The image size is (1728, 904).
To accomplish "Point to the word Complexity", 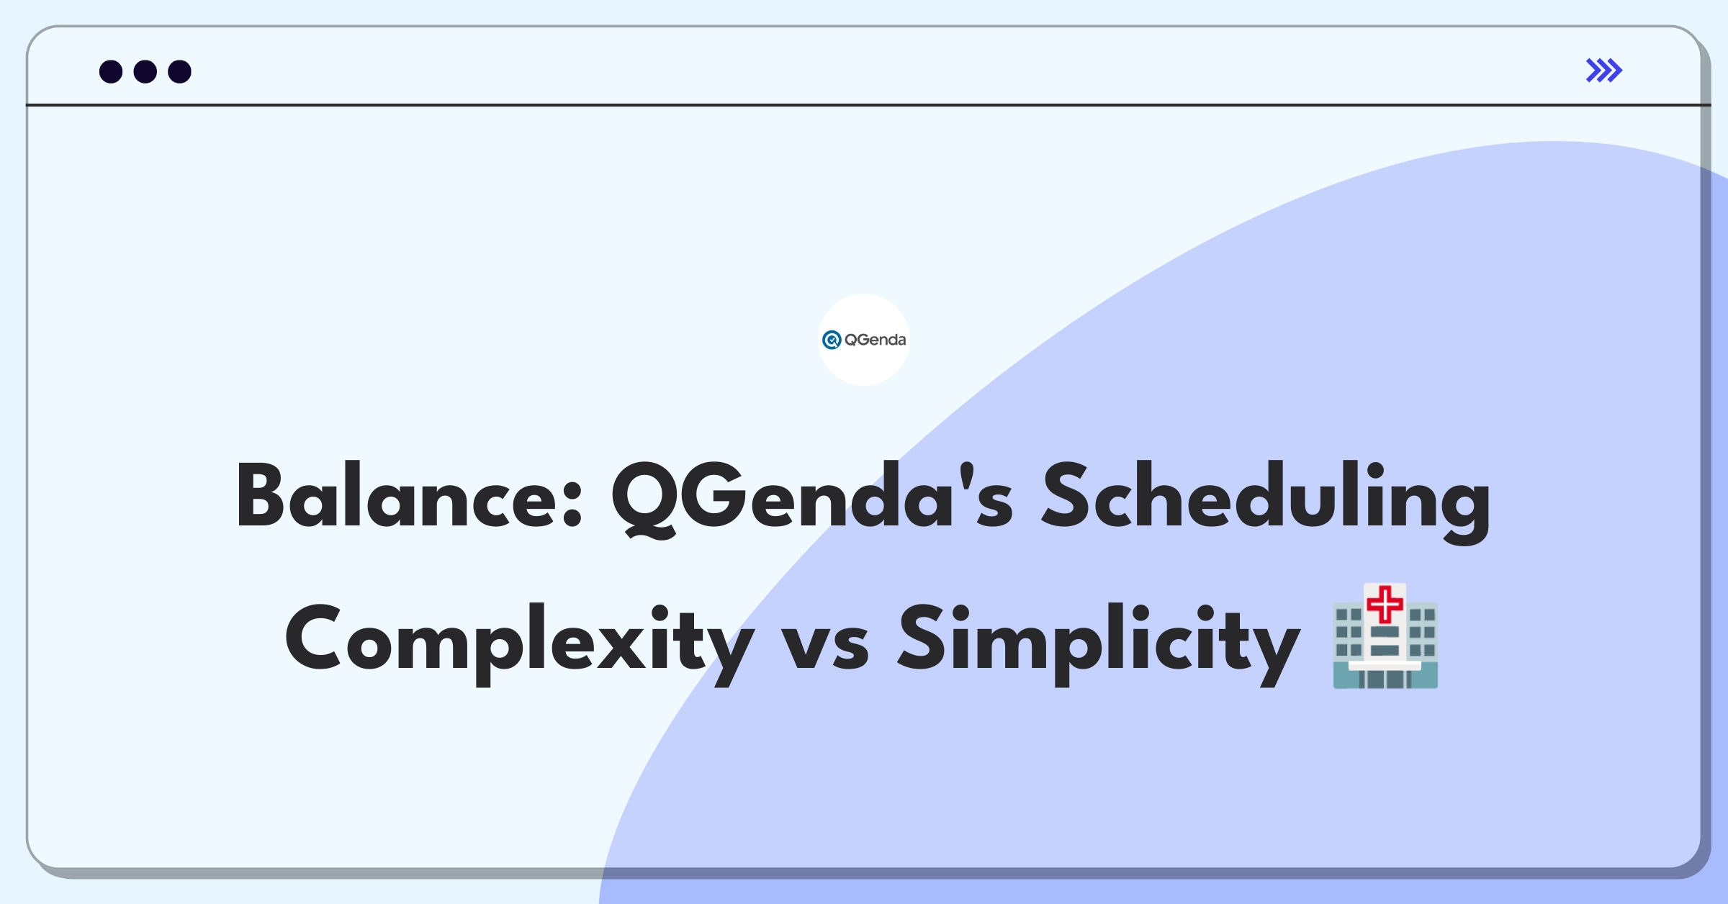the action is [519, 643].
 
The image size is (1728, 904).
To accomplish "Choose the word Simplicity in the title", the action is [1099, 643].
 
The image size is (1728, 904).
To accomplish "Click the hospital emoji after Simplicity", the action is [1385, 636].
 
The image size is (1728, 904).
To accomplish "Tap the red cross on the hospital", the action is [1385, 604].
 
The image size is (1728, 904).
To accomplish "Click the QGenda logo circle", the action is [864, 340].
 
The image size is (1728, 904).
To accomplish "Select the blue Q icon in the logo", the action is [832, 340].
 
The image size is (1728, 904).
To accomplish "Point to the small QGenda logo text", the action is [875, 340].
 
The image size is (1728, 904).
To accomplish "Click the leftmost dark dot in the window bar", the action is [111, 71].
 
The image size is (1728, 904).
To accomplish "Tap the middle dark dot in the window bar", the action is [145, 71].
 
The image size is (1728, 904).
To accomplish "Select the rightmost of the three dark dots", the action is [179, 71].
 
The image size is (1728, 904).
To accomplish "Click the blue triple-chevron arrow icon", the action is [1603, 71].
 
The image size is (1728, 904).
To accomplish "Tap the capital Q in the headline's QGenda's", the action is [644, 500].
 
